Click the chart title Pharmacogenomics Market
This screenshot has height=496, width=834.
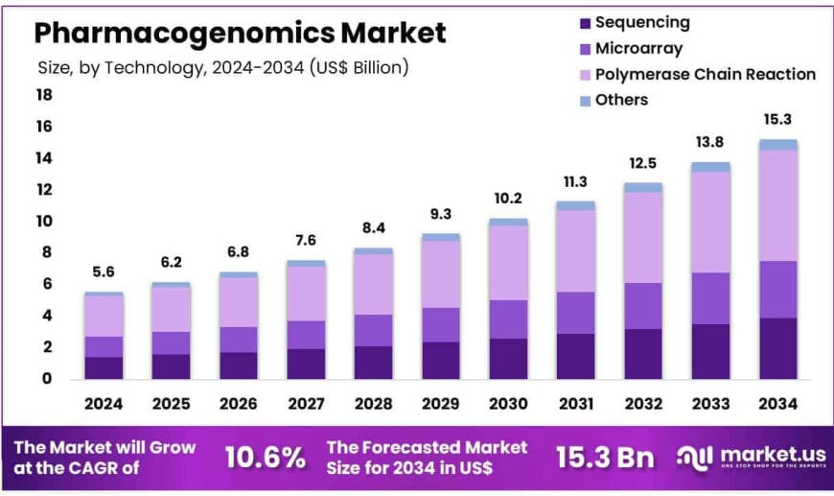tap(240, 33)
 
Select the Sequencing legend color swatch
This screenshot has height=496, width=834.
tap(584, 22)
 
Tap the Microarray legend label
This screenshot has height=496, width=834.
tap(640, 48)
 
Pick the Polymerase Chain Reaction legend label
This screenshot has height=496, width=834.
tap(705, 74)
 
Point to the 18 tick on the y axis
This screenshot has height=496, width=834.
tap(44, 95)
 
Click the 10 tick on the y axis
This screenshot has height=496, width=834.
tap(44, 222)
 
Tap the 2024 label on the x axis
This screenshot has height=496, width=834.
tap(104, 405)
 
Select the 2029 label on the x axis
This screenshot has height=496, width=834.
tap(440, 405)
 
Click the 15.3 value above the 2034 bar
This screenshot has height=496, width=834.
tap(777, 119)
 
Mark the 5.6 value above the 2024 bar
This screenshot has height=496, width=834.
tap(104, 272)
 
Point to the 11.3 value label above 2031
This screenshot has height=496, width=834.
tap(575, 181)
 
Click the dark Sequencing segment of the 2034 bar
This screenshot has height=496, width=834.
tap(777, 348)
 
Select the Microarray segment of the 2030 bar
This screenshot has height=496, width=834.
tap(508, 319)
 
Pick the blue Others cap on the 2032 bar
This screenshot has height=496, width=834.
tap(642, 188)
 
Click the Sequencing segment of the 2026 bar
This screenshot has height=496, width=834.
tap(238, 366)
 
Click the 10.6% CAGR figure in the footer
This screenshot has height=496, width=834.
tap(264, 458)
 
